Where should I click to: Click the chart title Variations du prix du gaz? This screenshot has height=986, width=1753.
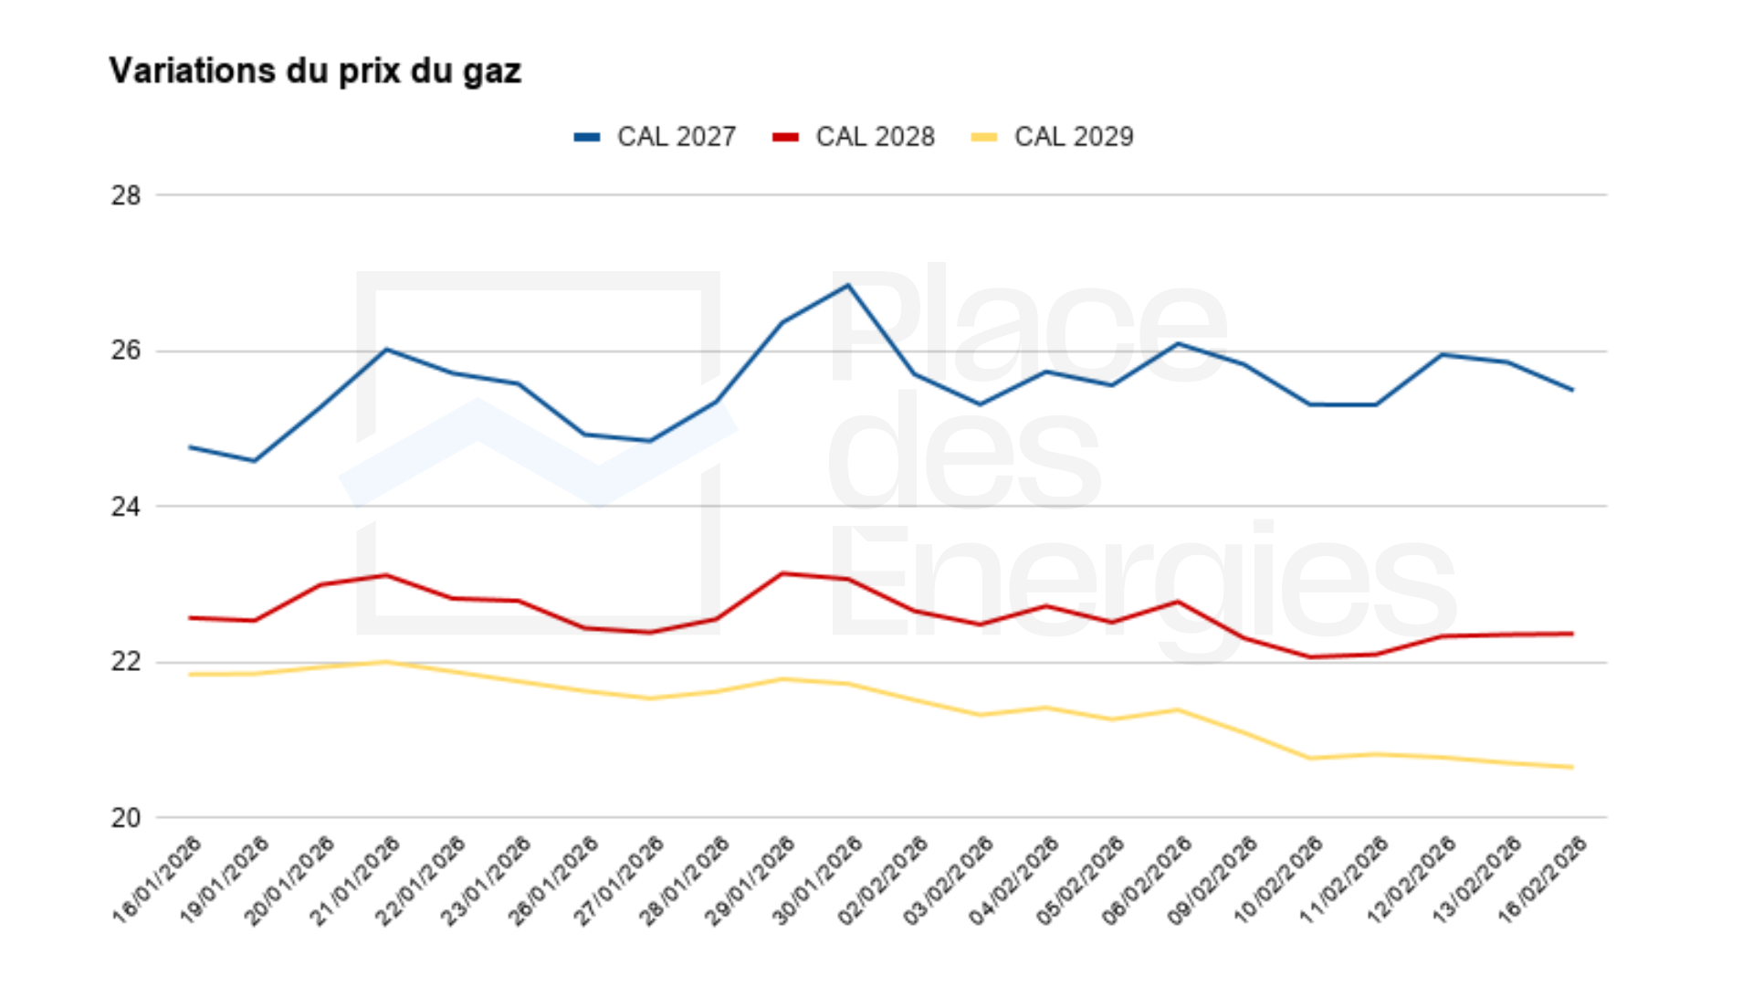(315, 71)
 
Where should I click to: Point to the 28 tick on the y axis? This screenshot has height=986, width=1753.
(126, 195)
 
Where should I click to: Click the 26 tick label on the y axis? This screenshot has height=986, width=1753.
(126, 351)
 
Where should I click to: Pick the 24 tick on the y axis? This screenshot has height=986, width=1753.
(126, 507)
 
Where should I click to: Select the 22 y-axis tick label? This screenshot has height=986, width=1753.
(126, 662)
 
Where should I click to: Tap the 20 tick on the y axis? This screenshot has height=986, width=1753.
(126, 818)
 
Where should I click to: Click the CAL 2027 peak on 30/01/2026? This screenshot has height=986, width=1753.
(848, 285)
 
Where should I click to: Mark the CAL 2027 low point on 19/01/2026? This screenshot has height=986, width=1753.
(255, 461)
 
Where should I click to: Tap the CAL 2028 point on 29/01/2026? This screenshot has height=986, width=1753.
(782, 573)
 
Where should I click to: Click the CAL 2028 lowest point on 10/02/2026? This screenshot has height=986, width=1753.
(1310, 657)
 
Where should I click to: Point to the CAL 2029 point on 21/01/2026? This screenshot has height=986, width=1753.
(386, 662)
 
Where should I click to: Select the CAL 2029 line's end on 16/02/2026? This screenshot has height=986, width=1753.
(1572, 767)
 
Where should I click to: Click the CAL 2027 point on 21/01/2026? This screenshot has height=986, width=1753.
(386, 349)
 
